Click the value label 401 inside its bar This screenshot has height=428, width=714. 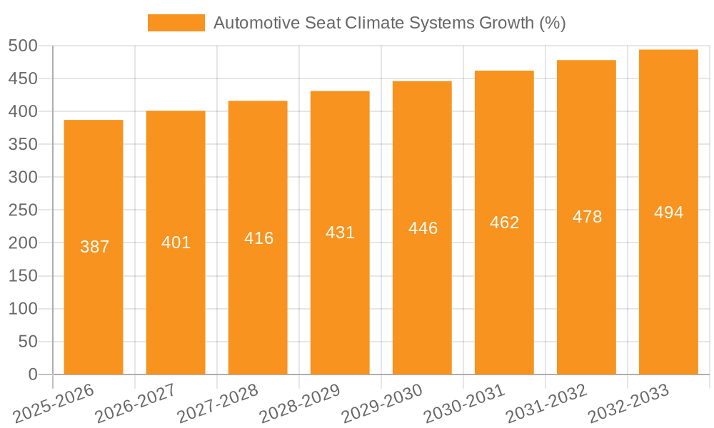tap(176, 243)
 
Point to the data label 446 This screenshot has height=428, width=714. tap(423, 228)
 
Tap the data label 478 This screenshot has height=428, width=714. tap(587, 217)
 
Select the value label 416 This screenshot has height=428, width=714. tap(258, 238)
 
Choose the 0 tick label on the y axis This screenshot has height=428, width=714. tap(32, 374)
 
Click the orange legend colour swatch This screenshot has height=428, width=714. tap(176, 23)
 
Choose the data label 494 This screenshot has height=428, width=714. tap(668, 213)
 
